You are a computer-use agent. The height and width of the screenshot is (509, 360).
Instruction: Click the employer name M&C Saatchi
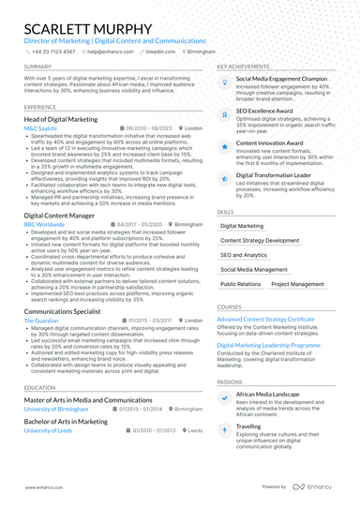click(x=40, y=127)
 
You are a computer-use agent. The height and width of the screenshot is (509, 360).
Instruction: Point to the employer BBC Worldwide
click(x=45, y=225)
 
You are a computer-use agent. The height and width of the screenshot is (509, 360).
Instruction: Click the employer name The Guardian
click(x=42, y=320)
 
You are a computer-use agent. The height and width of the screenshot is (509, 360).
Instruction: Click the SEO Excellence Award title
click(x=264, y=110)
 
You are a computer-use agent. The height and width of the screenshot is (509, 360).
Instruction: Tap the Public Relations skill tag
click(x=241, y=283)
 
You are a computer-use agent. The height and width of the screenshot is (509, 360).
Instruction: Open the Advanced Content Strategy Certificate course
click(x=265, y=319)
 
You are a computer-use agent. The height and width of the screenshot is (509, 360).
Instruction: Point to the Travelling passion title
click(x=250, y=425)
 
